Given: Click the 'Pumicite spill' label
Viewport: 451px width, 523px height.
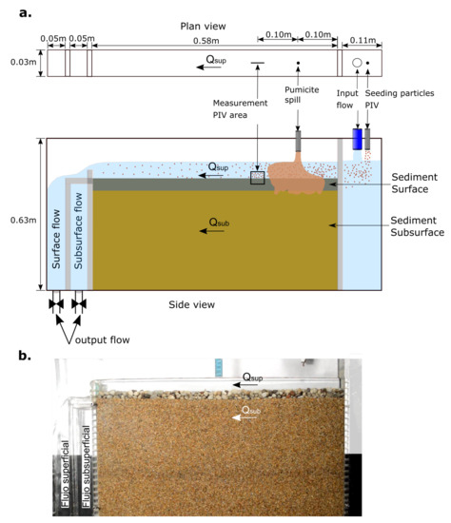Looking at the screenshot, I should (298, 99).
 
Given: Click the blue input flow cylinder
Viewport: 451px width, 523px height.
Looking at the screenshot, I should (358, 139).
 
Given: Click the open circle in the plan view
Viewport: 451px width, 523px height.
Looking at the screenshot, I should (356, 63).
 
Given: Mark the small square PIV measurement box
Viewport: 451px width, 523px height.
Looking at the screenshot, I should (258, 177).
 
